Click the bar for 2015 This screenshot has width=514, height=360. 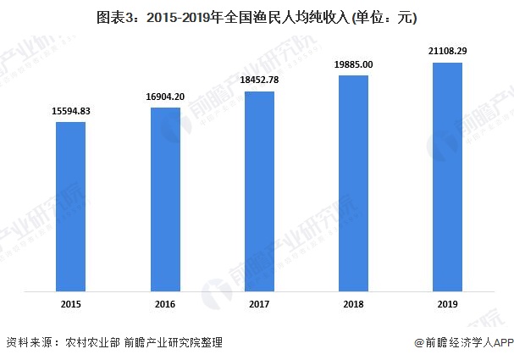[x=70, y=208]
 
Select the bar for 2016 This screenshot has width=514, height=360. [x=165, y=200]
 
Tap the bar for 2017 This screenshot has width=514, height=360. [x=259, y=192]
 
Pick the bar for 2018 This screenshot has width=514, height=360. [x=353, y=185]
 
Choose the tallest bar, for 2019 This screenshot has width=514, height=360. [x=448, y=178]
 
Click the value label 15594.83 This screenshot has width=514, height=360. [x=70, y=111]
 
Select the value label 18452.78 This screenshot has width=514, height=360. [x=259, y=79]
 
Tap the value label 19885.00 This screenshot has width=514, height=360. [x=353, y=64]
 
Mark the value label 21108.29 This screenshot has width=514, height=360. [x=448, y=51]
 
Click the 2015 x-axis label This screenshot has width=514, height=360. [x=70, y=304]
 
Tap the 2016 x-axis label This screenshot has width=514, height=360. [x=165, y=304]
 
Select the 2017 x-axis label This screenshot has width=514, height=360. [x=259, y=304]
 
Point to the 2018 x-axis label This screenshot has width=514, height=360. [x=353, y=304]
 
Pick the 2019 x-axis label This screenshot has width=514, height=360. [x=448, y=304]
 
